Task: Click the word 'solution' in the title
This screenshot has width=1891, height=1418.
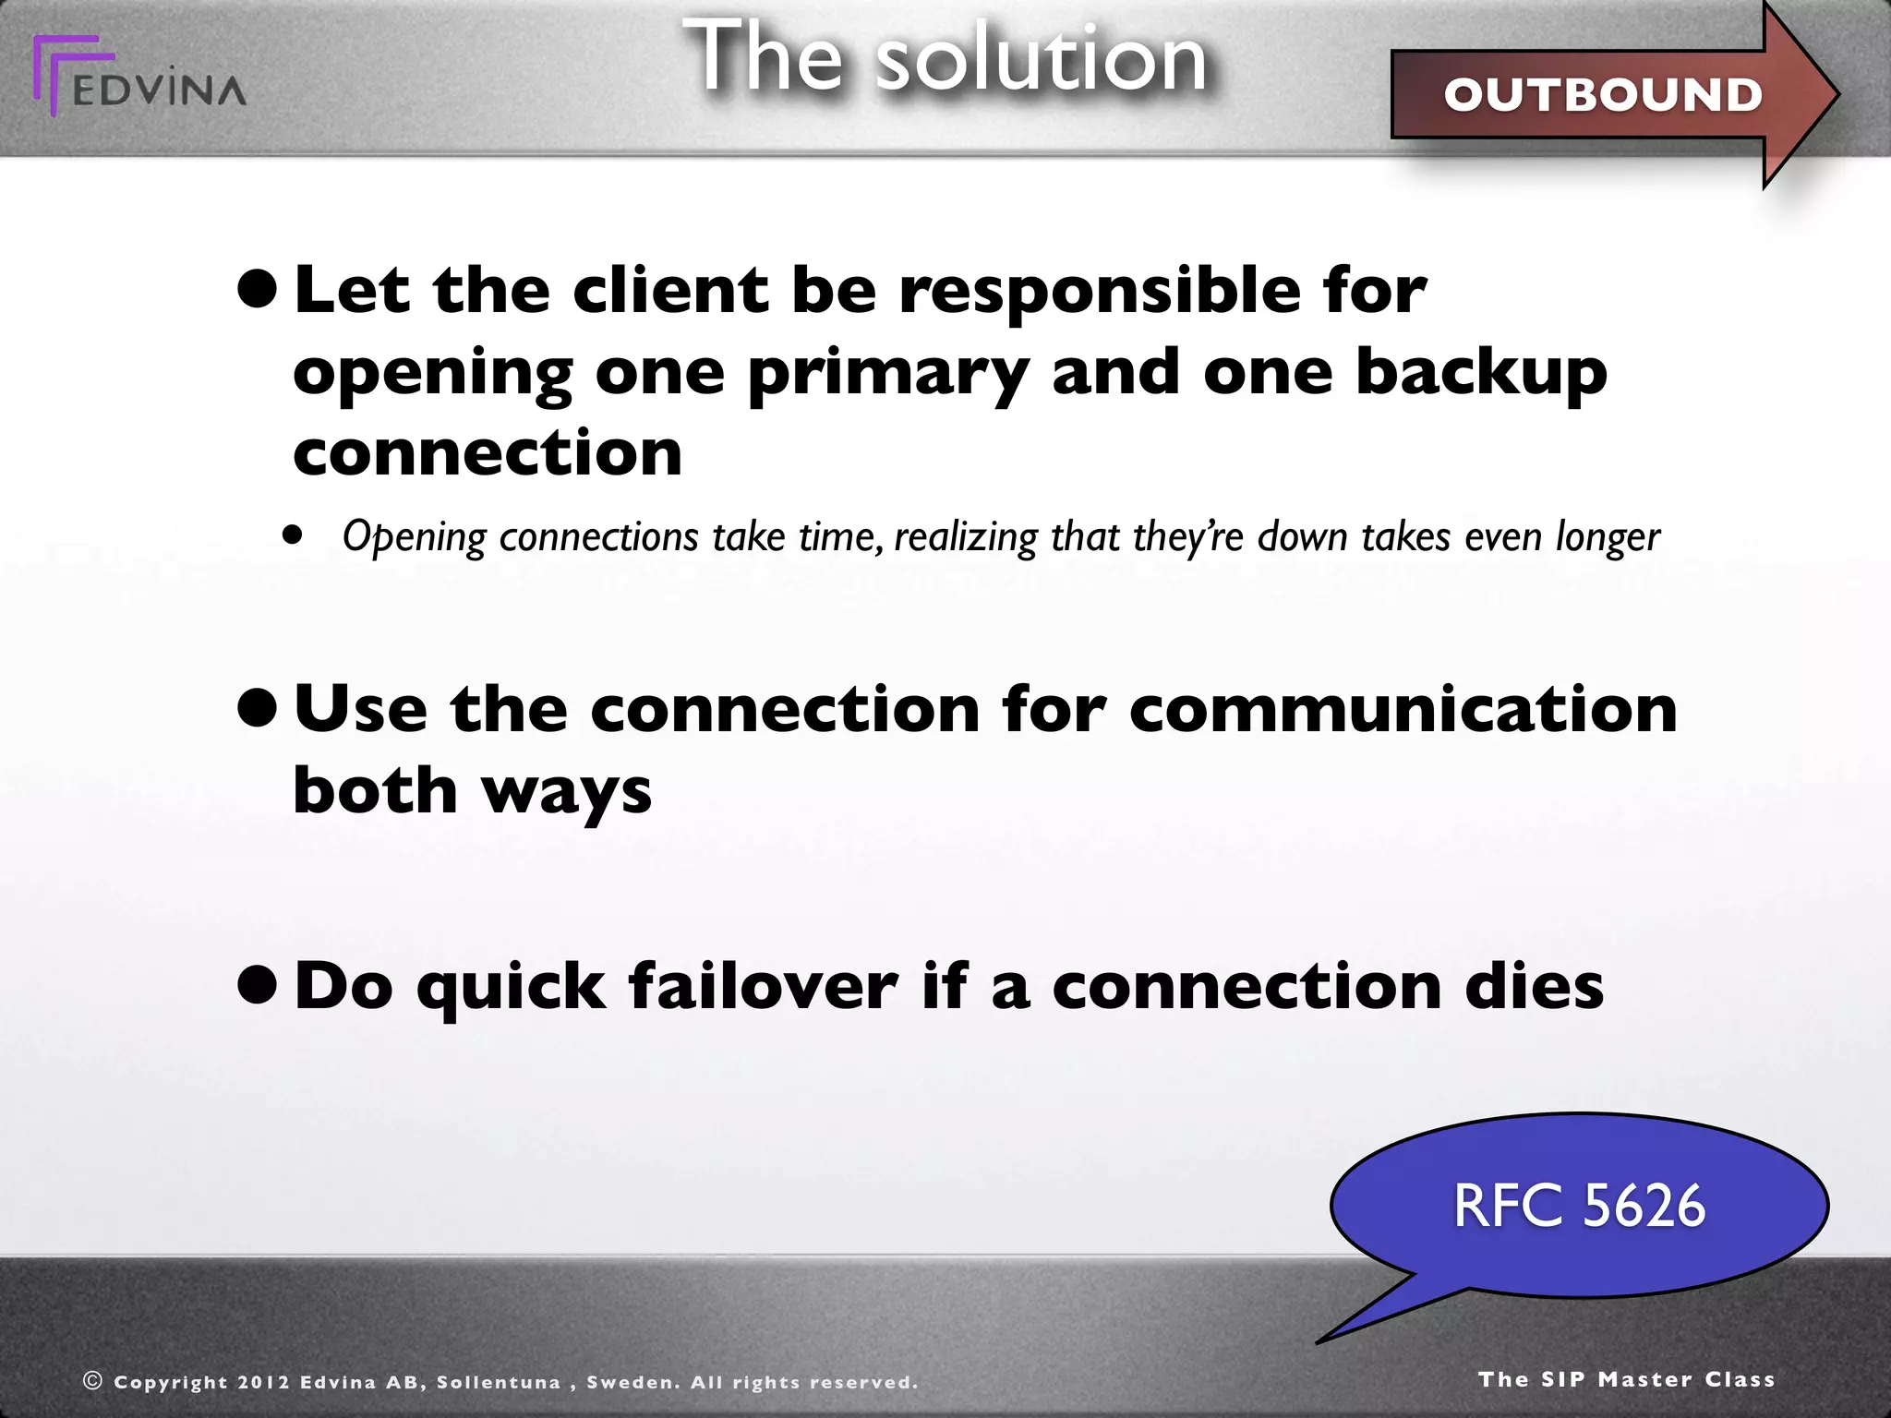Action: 1041,59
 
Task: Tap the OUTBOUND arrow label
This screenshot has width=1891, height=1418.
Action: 1603,95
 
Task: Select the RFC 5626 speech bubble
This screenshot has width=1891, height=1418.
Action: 1579,1206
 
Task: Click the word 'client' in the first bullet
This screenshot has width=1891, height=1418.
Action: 669,290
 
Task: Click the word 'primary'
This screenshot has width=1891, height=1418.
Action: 887,374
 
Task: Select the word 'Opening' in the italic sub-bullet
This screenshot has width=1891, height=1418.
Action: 413,537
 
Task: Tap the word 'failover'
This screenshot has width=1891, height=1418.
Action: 763,986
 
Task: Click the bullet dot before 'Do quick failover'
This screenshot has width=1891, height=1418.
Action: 257,985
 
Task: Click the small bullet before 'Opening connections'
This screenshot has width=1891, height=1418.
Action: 293,534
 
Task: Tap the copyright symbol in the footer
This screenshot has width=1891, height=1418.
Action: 92,1380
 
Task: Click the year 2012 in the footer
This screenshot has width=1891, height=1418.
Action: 263,1382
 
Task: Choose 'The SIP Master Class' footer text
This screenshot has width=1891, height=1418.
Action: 1626,1379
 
